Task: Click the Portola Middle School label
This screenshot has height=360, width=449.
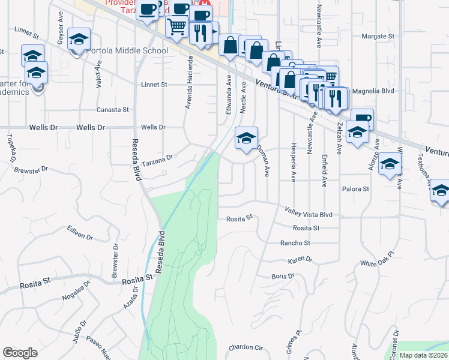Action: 127,50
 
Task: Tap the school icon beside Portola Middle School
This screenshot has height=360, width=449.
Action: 79,40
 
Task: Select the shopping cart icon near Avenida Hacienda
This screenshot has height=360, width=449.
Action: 176,26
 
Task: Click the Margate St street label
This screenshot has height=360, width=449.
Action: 378,37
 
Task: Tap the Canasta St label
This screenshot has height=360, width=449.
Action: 113,110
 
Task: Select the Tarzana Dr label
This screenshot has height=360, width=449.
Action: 157,159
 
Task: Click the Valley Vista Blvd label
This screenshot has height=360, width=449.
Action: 308,212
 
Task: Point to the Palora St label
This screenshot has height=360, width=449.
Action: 356,189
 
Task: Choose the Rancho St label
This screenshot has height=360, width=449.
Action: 295,243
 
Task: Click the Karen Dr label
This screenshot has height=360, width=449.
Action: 300,260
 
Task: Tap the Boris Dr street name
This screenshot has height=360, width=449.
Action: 283,277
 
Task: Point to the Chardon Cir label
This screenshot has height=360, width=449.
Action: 246,347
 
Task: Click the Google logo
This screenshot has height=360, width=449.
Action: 20,353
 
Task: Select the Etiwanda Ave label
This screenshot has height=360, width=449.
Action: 228,95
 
